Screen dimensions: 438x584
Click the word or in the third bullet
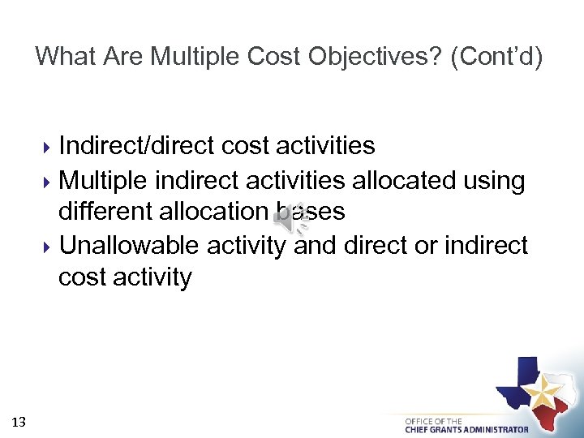click(x=425, y=245)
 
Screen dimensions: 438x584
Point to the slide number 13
click(x=19, y=421)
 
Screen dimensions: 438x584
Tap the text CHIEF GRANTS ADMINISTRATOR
click(x=466, y=430)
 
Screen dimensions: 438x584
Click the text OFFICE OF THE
click(x=434, y=421)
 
